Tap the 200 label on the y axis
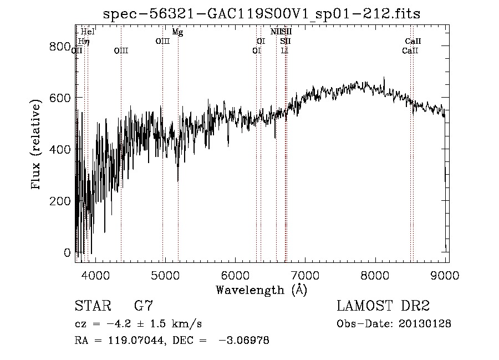(x=59, y=201)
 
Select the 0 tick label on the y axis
(x=67, y=252)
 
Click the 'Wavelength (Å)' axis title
(x=261, y=290)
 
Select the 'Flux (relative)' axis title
(x=37, y=145)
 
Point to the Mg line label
(x=177, y=32)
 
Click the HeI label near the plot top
(x=88, y=32)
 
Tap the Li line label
(x=284, y=50)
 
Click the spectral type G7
(x=144, y=306)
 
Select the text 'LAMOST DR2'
(x=383, y=306)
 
